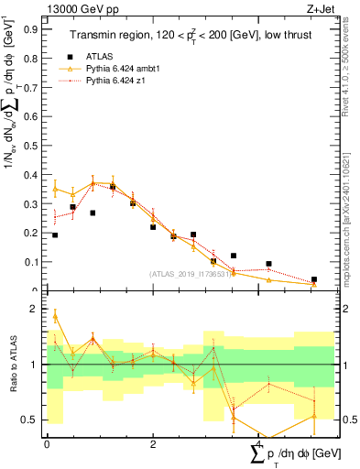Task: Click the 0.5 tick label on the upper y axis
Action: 34,145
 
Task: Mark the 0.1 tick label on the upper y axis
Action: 34,262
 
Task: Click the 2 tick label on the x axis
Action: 153,444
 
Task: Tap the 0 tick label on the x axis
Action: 47,444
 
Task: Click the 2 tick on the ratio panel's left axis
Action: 38,310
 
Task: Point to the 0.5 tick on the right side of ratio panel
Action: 346,420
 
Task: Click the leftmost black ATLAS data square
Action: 55,235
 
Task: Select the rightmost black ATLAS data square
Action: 313,279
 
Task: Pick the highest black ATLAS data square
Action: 113,187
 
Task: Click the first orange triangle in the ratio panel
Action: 55,316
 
